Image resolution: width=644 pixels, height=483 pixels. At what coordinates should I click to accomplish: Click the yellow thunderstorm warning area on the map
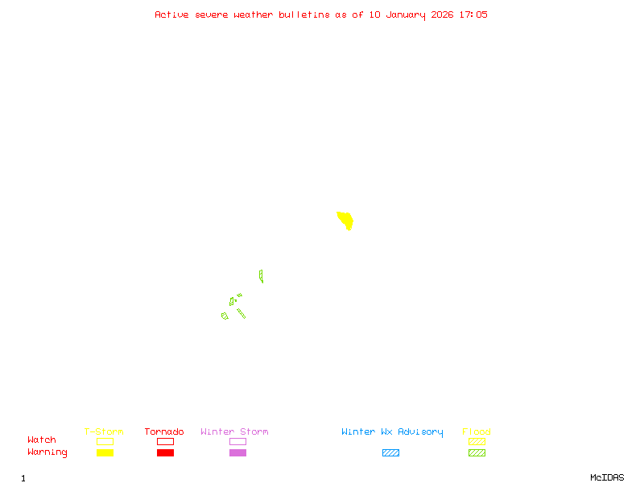pos(345,220)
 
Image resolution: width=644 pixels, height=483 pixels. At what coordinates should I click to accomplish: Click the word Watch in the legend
pos(42,440)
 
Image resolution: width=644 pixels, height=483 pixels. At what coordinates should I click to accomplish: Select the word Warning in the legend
pos(47,452)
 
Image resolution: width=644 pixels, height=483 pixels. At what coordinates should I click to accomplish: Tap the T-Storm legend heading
pos(104,432)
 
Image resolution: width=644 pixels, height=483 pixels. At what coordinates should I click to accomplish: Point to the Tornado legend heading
pos(164,432)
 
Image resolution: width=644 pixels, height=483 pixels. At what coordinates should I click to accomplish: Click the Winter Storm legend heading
pos(234,432)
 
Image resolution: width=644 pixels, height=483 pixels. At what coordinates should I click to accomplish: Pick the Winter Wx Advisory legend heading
pos(392,432)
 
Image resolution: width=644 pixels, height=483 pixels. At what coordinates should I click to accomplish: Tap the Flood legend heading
pos(477,432)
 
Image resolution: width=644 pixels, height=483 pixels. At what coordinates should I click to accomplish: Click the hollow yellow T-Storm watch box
pos(105,441)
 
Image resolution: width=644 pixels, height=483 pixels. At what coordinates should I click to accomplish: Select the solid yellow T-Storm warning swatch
pos(105,452)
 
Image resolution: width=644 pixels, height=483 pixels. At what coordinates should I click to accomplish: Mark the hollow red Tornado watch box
pos(165,441)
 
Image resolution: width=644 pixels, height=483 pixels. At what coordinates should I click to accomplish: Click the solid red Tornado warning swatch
pos(165,452)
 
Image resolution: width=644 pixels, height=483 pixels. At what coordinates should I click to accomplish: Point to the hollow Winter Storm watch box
pos(237,441)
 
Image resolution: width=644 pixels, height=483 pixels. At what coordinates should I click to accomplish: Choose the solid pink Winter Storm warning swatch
pos(237,452)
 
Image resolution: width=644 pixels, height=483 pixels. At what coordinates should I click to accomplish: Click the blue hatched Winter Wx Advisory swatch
pos(390,452)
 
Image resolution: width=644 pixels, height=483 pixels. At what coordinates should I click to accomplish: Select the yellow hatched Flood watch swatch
pos(477,441)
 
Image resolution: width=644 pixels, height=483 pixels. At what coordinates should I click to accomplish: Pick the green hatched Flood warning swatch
pos(477,452)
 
